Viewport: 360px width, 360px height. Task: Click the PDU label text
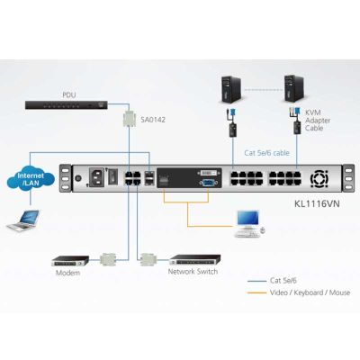click(69, 95)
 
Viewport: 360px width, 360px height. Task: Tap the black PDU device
click(67, 105)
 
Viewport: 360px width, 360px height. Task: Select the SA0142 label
click(153, 120)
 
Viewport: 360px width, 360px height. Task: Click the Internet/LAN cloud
click(31, 179)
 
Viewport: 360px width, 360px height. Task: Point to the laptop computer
click(23, 220)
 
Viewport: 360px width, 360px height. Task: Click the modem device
click(70, 261)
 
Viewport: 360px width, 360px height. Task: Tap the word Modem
click(68, 273)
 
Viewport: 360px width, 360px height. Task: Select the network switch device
click(195, 260)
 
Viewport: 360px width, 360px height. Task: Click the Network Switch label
click(193, 272)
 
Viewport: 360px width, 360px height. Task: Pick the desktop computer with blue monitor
click(249, 224)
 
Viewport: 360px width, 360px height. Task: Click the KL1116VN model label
click(318, 204)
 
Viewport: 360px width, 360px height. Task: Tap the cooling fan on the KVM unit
click(319, 178)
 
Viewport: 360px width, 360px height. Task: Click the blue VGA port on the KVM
click(207, 184)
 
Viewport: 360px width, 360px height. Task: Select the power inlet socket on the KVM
click(96, 177)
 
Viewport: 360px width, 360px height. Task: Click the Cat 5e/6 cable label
click(266, 153)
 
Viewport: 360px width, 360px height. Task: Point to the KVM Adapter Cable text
click(318, 121)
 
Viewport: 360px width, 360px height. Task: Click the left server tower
click(231, 89)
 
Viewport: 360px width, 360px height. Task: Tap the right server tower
click(294, 89)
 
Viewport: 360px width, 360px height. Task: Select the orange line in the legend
click(256, 292)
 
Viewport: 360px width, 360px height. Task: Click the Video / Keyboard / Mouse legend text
click(310, 292)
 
